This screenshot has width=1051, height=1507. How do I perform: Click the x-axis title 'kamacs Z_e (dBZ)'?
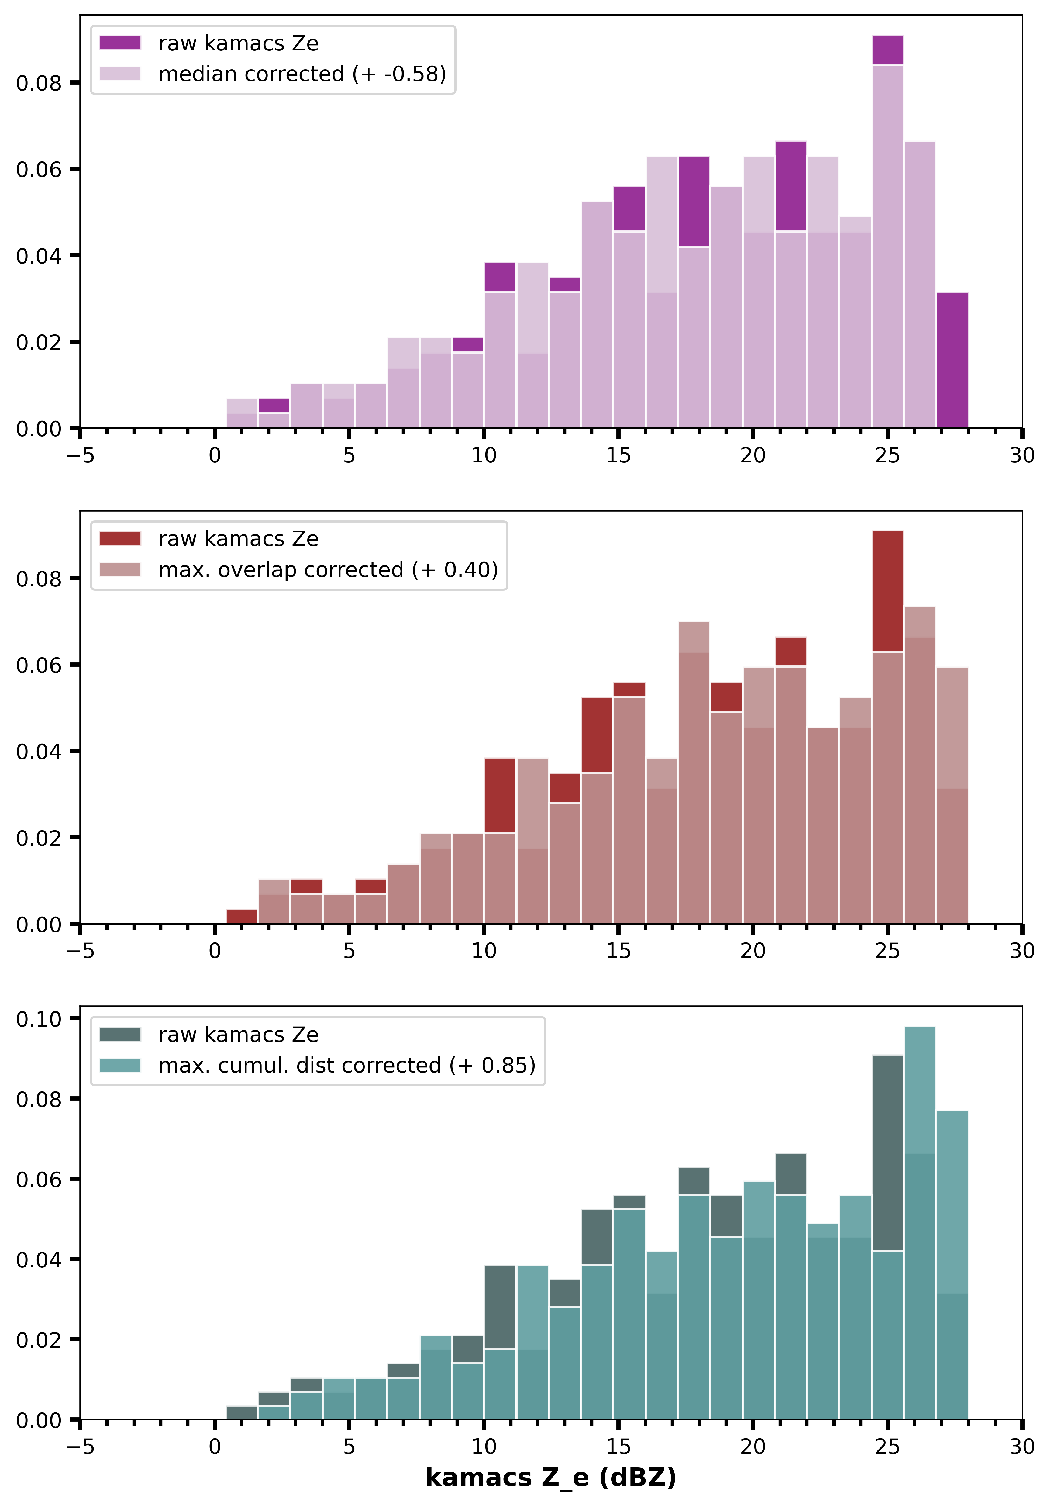pos(550,1478)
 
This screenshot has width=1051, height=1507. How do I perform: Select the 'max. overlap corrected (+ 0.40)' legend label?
pos(328,570)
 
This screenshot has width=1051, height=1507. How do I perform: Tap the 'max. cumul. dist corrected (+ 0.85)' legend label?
pos(347,1065)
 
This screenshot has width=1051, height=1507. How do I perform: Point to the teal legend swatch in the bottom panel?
pos(120,1065)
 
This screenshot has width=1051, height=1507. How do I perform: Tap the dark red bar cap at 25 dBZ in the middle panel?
pos(887,591)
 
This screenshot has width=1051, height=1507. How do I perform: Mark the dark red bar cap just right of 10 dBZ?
pos(500,796)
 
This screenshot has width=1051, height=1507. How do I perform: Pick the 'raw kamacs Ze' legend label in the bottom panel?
pos(238,1035)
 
